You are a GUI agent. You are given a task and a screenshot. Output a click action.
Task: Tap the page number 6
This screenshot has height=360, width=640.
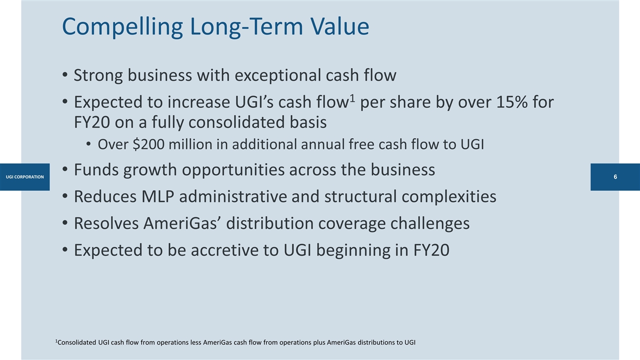[615, 177]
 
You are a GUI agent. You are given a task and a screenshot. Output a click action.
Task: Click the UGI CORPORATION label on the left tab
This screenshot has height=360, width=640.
[24, 177]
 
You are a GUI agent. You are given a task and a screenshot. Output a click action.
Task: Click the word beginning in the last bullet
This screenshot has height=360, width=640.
[373, 249]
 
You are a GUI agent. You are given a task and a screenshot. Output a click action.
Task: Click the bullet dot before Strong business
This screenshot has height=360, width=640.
[65, 76]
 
